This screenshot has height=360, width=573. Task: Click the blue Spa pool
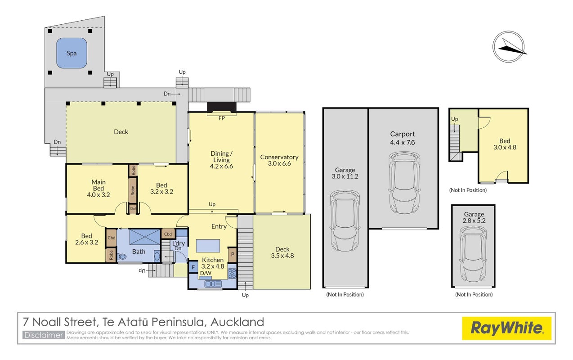click(x=72, y=53)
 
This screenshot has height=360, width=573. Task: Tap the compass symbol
click(x=509, y=46)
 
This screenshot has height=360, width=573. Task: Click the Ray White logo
click(x=506, y=328)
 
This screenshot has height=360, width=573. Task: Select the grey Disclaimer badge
click(x=44, y=335)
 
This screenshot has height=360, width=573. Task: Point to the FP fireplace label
click(x=222, y=118)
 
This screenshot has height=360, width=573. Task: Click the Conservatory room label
click(x=279, y=157)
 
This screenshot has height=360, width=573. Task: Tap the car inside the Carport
click(x=404, y=182)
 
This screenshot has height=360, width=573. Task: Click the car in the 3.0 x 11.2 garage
click(x=345, y=220)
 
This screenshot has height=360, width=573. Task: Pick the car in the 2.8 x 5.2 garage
click(x=473, y=254)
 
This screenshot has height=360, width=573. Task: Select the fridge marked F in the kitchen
click(x=193, y=267)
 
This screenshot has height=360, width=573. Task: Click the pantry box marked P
click(x=233, y=255)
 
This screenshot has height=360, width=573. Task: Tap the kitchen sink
click(x=213, y=284)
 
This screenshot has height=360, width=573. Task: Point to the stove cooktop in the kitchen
click(x=232, y=273)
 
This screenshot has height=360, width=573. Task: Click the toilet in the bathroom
click(x=122, y=256)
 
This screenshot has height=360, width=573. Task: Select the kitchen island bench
click(x=208, y=246)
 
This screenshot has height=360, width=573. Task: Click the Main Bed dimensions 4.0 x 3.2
click(x=98, y=195)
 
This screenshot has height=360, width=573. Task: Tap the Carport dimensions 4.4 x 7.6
click(x=403, y=142)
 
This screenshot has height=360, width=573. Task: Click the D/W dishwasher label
click(x=206, y=273)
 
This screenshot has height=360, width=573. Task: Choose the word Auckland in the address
click(x=237, y=322)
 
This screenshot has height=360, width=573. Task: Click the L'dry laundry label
click(x=179, y=243)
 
